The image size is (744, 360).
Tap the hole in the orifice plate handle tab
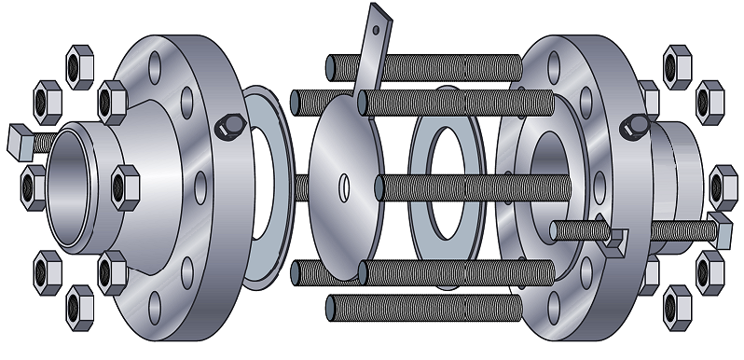[x=376, y=27]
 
